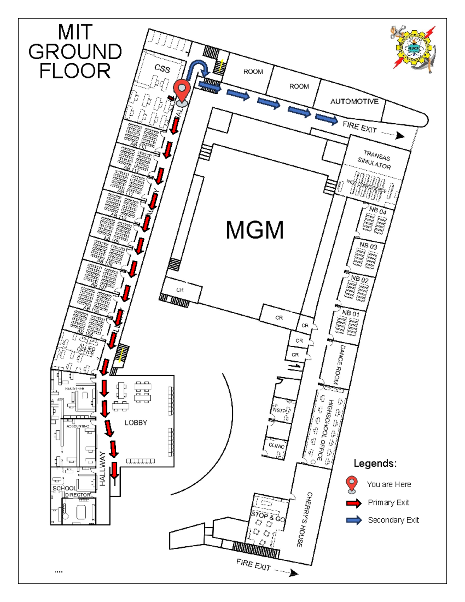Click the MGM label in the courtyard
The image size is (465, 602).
coord(255,230)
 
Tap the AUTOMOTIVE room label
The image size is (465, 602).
coord(354,102)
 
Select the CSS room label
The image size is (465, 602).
coord(162,69)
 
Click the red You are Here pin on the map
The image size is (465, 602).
coord(181,91)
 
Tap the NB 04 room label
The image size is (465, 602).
coord(377,211)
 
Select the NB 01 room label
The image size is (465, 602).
coord(351,313)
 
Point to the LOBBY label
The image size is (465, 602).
coord(136,423)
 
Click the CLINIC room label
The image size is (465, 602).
coord(276,446)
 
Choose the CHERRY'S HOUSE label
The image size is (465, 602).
coord(304,519)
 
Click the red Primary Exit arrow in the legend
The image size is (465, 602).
coord(354,503)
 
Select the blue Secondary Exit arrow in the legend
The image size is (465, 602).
coord(354,520)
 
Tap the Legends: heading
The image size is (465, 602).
coord(375,463)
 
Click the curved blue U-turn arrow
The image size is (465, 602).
coord(198,67)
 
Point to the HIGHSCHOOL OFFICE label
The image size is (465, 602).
coord(325,430)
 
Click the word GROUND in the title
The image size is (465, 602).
coord(75,52)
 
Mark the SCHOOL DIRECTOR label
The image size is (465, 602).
coord(72,492)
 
